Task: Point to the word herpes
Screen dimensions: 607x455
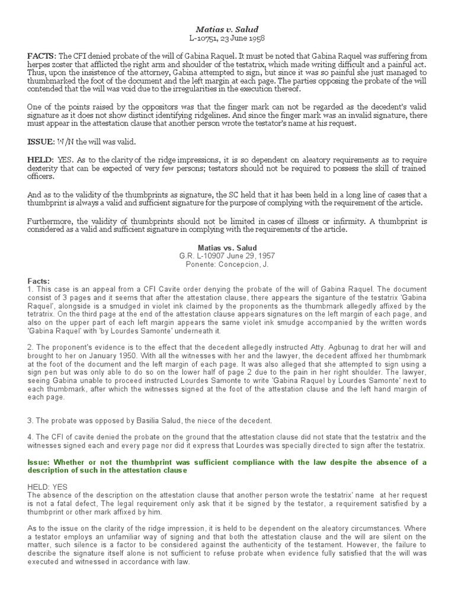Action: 40,64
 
